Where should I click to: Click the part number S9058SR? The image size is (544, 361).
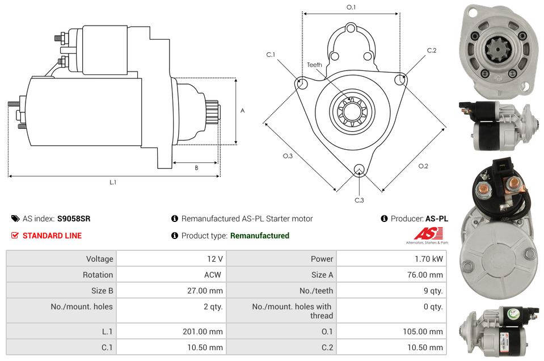[x=74, y=219]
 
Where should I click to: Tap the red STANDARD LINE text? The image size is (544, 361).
[x=52, y=236]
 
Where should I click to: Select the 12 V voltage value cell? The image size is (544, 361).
[x=214, y=259]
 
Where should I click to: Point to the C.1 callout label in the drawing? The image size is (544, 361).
[x=271, y=54]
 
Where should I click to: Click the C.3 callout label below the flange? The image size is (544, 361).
[x=359, y=200]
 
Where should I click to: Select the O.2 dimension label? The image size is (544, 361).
[x=423, y=166]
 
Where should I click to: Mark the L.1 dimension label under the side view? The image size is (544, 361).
[x=113, y=182]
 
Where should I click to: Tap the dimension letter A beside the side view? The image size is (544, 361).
[x=243, y=111]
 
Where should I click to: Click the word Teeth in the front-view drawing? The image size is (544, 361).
[x=315, y=65]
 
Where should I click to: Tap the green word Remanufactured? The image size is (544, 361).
[x=259, y=236]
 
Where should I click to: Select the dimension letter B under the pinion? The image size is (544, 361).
[x=196, y=167]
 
